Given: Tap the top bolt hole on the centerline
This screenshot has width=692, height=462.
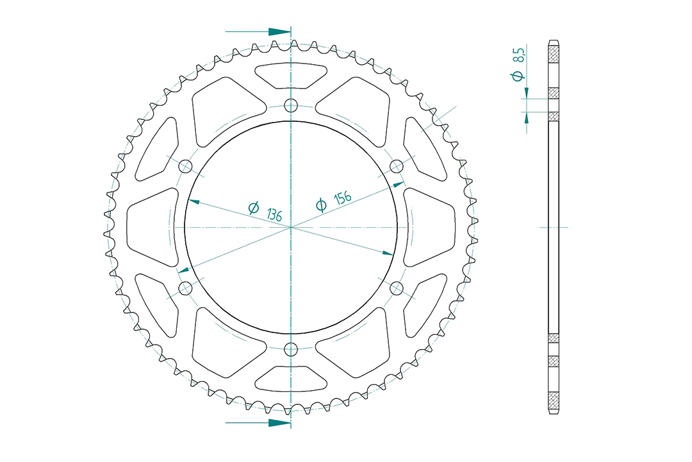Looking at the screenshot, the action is point(291,106).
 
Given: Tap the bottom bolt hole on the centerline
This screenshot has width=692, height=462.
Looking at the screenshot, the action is point(291,349).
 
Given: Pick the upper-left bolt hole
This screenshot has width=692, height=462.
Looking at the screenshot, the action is point(185,167).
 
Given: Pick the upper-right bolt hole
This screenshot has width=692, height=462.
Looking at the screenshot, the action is point(397,167).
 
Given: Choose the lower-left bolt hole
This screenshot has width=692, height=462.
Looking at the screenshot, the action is point(185,288).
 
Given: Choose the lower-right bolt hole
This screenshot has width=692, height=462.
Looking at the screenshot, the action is point(397,288).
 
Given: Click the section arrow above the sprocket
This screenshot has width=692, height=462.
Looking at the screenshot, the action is point(258,32).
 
